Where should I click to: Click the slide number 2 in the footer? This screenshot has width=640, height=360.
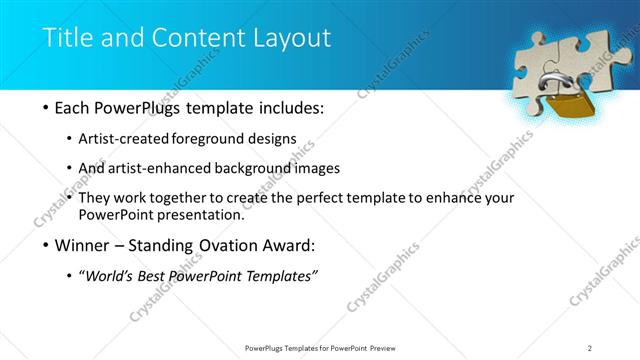click(x=590, y=347)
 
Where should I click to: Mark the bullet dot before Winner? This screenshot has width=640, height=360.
click(x=46, y=245)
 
